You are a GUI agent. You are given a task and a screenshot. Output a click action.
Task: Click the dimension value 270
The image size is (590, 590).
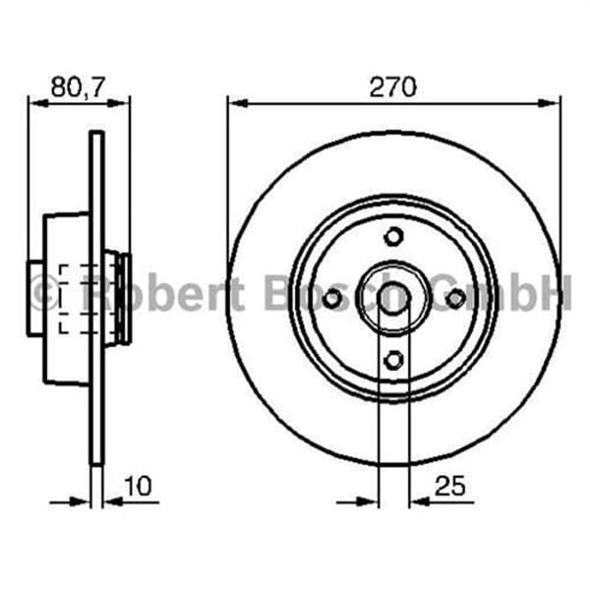click(393, 87)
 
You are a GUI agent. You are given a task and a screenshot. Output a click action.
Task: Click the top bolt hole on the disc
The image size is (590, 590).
click(393, 236)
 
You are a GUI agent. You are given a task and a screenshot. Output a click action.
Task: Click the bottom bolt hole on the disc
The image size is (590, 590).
click(393, 361)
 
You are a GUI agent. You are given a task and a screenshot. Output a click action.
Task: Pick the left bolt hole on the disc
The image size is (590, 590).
click(331, 298)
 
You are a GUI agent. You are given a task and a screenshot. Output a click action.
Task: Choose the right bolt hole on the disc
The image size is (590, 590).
click(455, 298)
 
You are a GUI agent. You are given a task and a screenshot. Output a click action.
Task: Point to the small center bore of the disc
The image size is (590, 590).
click(393, 296)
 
